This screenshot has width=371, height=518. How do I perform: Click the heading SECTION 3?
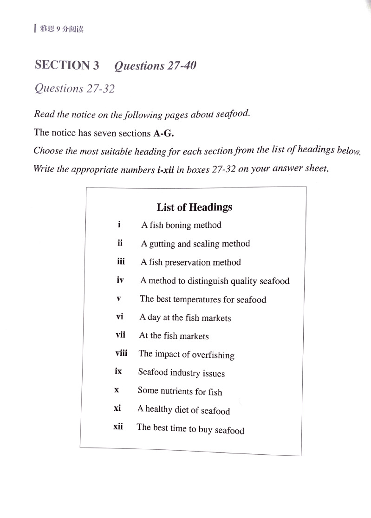click(67, 65)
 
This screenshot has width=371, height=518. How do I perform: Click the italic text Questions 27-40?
click(155, 66)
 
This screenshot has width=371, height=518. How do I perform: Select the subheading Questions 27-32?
click(74, 88)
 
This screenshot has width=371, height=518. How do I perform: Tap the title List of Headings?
click(194, 207)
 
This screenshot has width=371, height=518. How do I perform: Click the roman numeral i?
click(119, 224)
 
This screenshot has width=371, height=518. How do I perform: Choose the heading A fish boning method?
click(181, 225)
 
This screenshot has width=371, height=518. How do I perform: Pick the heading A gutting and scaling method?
click(195, 244)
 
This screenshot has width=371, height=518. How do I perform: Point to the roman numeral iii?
click(121, 261)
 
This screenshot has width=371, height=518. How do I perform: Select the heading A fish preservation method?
click(190, 262)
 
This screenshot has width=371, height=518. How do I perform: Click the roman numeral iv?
click(120, 280)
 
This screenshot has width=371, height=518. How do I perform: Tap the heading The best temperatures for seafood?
click(203, 299)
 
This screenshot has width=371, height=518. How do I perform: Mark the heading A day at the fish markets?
click(185, 318)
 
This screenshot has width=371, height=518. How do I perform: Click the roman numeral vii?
click(120, 335)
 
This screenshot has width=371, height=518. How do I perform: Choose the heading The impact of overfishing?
click(186, 355)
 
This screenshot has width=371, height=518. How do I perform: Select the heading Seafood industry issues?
click(181, 373)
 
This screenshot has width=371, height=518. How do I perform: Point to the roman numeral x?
click(117, 390)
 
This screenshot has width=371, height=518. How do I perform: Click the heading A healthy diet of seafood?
click(183, 410)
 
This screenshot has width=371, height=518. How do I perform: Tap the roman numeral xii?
click(118, 426)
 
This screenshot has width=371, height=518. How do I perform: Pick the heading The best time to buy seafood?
click(190, 429)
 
